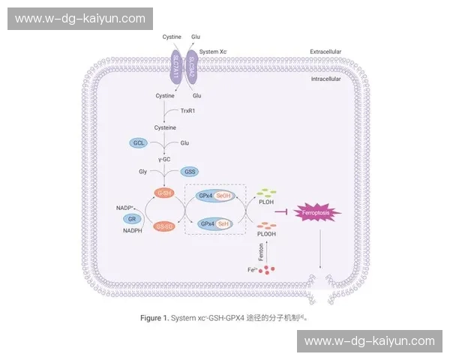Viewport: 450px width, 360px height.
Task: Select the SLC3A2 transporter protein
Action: pos(193,67)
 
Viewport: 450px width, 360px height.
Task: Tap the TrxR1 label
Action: pos(187,111)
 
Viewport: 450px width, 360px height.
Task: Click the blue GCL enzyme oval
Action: pos(138,142)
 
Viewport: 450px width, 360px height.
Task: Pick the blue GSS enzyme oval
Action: pos(190,172)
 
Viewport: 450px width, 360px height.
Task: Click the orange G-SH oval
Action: pos(164,193)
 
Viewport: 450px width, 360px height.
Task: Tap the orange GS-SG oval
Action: pos(164,225)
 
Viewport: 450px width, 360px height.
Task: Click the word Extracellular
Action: pos(325,52)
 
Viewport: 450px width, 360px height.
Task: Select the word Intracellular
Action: pos(325,78)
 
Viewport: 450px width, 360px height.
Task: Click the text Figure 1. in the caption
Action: pos(155,318)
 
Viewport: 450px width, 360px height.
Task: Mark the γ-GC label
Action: pos(165,158)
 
